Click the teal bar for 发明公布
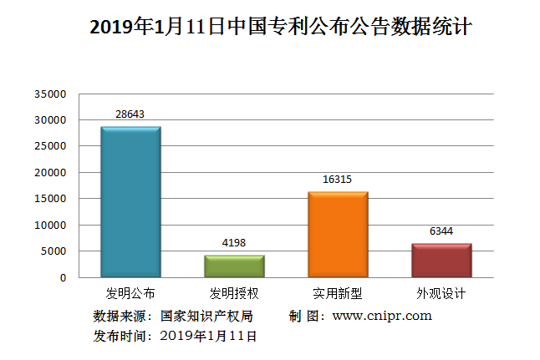[x=130, y=202]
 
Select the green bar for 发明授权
[x=234, y=266]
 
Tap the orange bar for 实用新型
[x=338, y=234]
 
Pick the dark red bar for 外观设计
[x=441, y=260]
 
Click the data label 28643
[x=130, y=113]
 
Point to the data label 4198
[x=234, y=242]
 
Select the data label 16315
[x=338, y=178]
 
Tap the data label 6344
[x=441, y=230]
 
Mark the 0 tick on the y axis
[x=63, y=277]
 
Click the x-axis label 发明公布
[x=130, y=294]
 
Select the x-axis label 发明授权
[x=234, y=294]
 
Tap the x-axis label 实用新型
[x=338, y=294]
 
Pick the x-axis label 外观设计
[x=441, y=294]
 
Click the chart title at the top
[x=281, y=28]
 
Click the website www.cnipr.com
[x=382, y=316]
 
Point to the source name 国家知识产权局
[x=206, y=316]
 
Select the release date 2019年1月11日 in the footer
[x=207, y=336]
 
